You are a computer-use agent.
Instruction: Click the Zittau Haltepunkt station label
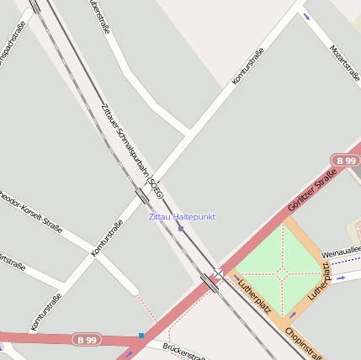(x=182, y=217)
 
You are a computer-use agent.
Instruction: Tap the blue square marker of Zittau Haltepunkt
(x=181, y=228)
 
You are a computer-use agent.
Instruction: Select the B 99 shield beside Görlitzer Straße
(x=345, y=160)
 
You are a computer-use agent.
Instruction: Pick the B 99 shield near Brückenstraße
(x=85, y=340)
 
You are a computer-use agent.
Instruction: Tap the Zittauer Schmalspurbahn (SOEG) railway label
(x=131, y=148)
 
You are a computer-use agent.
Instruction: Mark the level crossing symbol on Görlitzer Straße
(x=218, y=273)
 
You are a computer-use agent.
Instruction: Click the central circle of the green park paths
(x=282, y=273)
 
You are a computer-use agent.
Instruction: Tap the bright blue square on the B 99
(x=141, y=336)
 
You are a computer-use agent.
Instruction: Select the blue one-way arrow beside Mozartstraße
(x=306, y=16)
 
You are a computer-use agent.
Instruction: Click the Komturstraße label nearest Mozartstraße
(x=247, y=66)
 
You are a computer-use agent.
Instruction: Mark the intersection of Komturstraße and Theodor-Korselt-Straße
(x=90, y=252)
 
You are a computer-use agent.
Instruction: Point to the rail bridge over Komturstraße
(x=142, y=195)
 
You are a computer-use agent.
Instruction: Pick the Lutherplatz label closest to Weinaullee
(x=321, y=281)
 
